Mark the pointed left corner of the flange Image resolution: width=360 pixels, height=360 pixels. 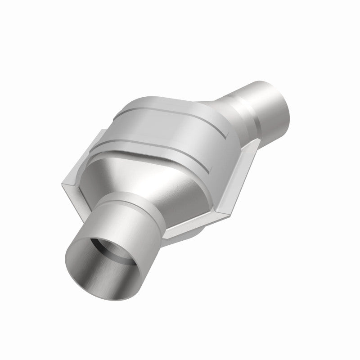(x=63, y=183)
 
